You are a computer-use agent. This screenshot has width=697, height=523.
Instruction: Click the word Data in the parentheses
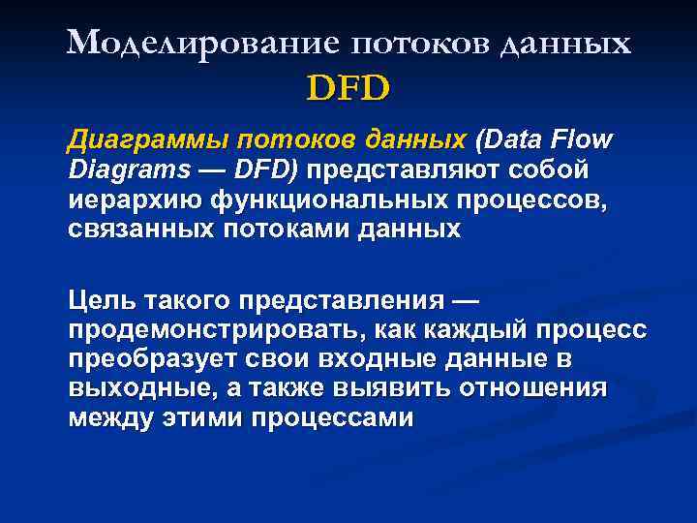pos(514,141)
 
